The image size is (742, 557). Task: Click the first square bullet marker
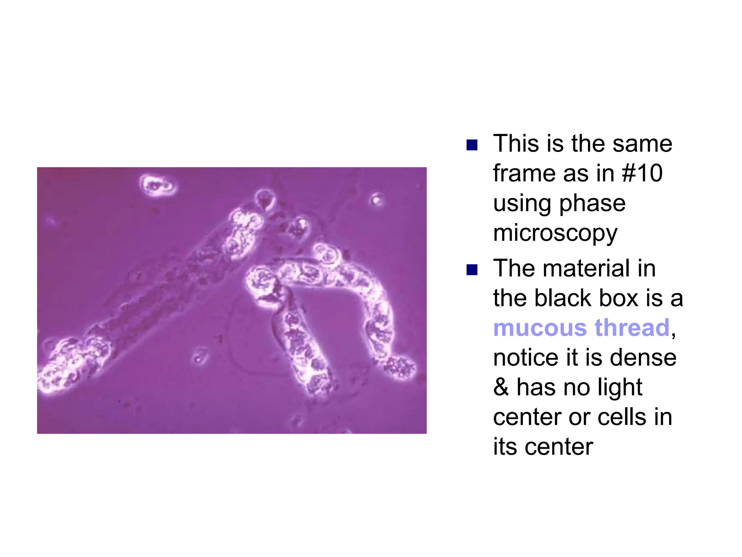(472, 145)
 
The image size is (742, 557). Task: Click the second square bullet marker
(472, 270)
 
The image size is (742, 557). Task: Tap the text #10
(642, 173)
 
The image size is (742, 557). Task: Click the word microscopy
(555, 234)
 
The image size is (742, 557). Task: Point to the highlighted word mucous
(540, 328)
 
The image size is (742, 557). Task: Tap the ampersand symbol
(501, 387)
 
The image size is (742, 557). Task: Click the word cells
(622, 417)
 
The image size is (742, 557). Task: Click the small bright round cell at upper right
(377, 199)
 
